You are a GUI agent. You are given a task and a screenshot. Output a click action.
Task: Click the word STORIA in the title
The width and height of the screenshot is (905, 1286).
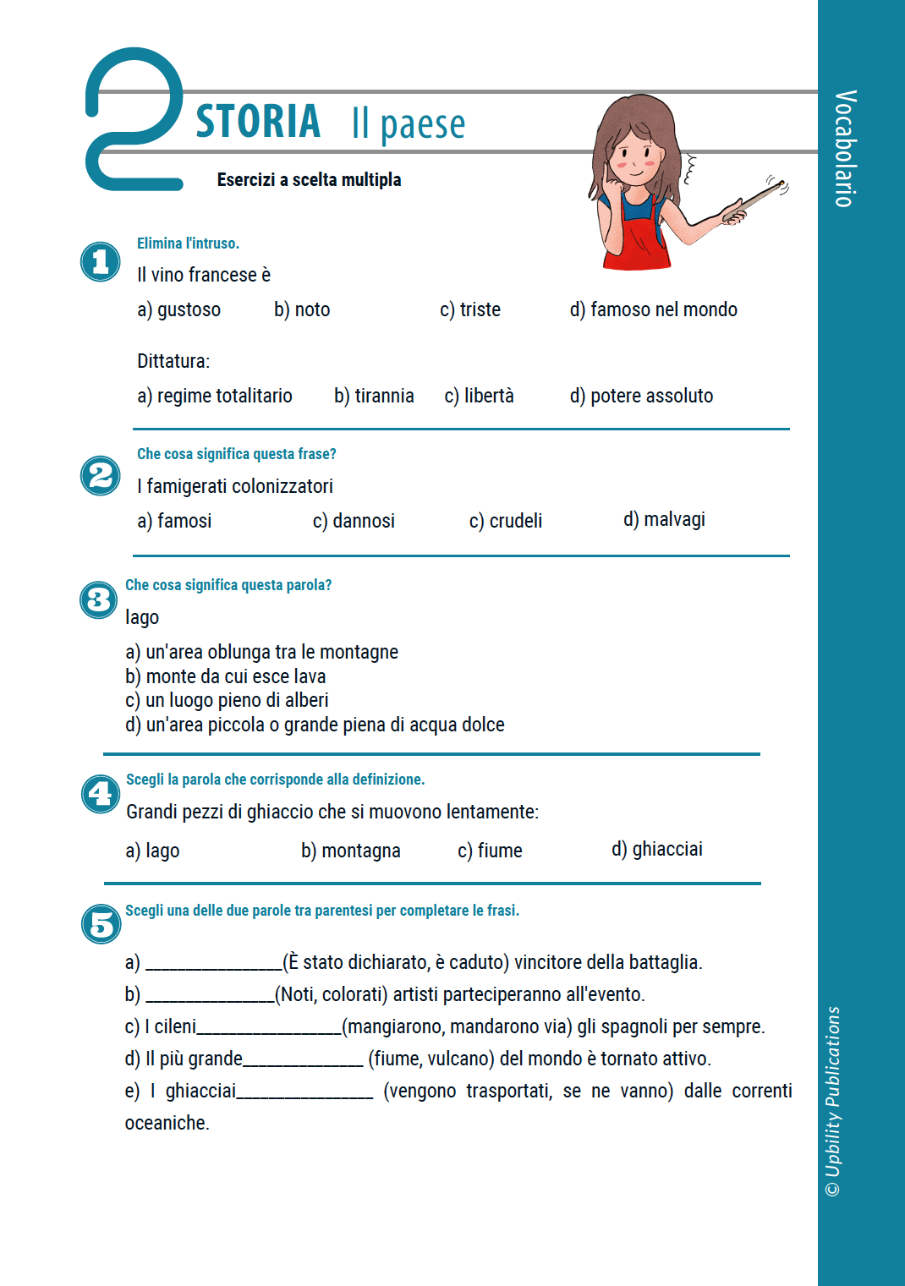(x=258, y=122)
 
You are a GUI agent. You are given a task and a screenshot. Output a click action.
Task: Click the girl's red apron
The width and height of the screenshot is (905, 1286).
(x=639, y=241)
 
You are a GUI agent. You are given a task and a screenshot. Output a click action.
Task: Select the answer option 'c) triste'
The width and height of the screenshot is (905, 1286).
(x=469, y=310)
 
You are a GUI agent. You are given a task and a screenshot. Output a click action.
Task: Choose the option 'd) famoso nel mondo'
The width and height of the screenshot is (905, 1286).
(x=653, y=310)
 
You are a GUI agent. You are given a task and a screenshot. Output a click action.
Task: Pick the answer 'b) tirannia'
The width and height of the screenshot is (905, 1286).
(x=374, y=397)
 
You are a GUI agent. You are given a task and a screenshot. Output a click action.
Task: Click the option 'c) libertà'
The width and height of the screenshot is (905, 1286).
(x=479, y=397)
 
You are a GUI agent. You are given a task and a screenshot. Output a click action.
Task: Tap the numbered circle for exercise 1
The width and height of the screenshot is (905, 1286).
(x=101, y=262)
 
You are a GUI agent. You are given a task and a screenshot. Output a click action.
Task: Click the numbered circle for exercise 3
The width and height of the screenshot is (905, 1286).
(x=99, y=600)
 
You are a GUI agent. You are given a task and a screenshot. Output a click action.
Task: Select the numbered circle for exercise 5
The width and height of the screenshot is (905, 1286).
(x=101, y=924)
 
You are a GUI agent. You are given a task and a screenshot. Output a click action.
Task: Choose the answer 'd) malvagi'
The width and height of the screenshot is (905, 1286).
(x=664, y=520)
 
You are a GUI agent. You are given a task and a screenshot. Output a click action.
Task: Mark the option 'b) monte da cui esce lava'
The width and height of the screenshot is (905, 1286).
(x=226, y=676)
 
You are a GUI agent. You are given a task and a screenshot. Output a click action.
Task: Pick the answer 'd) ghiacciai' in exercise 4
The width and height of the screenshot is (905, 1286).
(x=656, y=850)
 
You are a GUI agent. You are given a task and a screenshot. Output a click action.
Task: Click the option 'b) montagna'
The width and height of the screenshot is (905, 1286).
(x=350, y=851)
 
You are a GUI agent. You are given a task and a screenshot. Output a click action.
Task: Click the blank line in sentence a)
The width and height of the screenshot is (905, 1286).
(x=213, y=965)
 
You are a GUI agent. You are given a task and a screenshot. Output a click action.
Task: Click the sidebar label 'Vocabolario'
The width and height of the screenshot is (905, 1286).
(x=845, y=148)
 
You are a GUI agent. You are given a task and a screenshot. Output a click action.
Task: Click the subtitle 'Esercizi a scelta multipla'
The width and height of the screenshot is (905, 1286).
(x=309, y=180)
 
